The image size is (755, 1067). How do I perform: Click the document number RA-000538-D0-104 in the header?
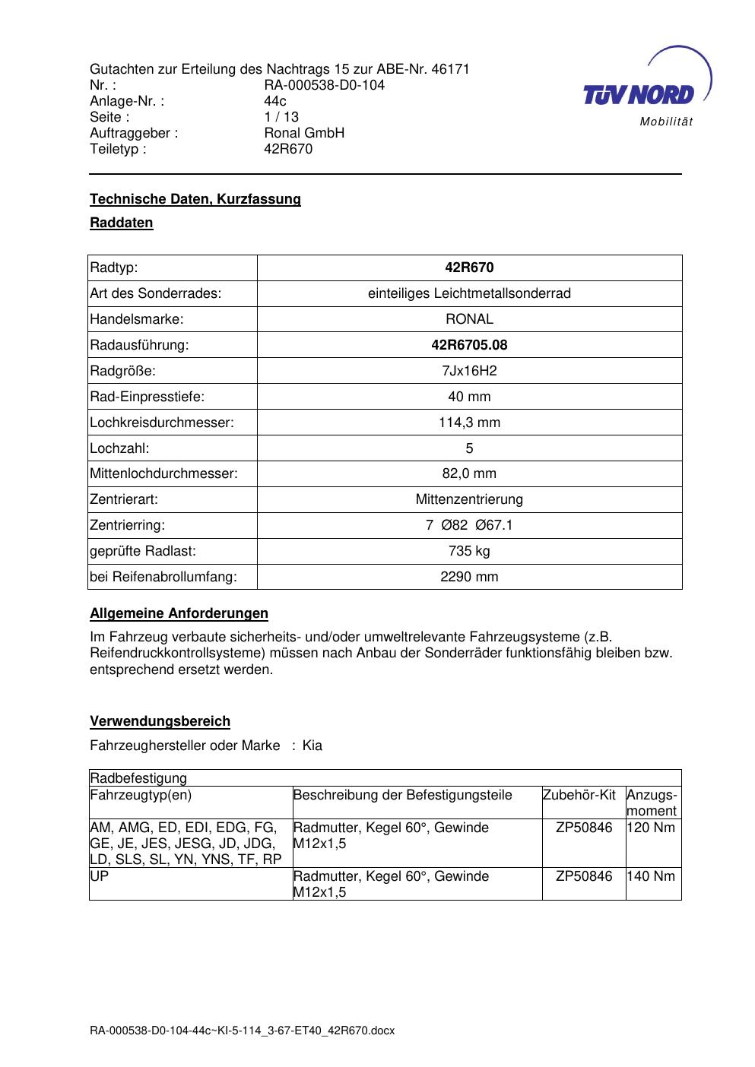click(324, 85)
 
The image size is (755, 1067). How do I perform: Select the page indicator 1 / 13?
click(281, 117)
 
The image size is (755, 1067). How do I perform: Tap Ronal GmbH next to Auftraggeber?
click(304, 133)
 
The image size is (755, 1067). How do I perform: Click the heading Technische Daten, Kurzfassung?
click(195, 199)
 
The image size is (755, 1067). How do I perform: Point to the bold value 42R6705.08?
click(469, 345)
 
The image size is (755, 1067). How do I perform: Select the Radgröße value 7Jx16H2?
click(469, 371)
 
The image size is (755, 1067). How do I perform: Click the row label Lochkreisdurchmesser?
click(162, 423)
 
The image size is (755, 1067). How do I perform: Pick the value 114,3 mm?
click(469, 423)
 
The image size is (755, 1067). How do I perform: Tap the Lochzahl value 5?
click(469, 448)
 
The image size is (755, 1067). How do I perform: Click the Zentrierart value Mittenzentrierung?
click(469, 499)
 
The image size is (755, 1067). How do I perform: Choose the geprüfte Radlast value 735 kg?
click(469, 551)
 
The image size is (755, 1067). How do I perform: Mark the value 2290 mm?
click(469, 577)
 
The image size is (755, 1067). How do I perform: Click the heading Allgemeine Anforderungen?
click(179, 613)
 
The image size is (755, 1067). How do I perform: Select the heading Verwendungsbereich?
click(160, 721)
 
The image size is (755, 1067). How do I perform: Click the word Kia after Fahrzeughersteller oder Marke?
click(312, 746)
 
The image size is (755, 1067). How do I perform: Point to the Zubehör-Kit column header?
click(579, 796)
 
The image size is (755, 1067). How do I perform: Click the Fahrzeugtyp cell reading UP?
click(99, 876)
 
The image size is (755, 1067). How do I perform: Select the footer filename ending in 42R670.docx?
click(243, 1031)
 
